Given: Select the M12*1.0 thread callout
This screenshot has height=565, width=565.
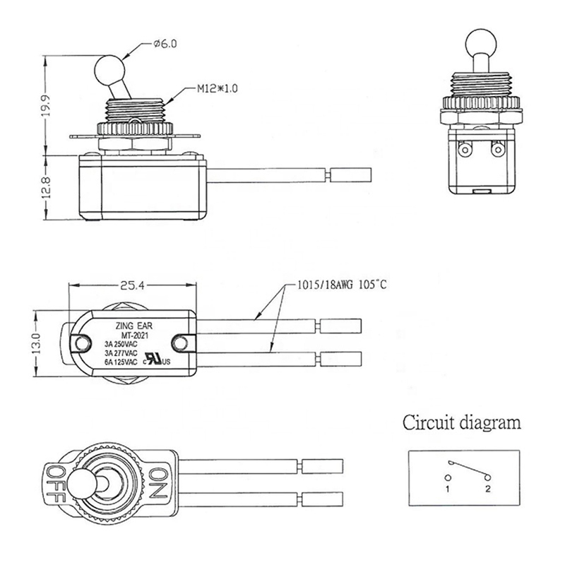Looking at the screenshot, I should pyautogui.click(x=218, y=90).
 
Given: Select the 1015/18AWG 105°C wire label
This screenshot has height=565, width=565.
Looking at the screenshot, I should pyautogui.click(x=337, y=285).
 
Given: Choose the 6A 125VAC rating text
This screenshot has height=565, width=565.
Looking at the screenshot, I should pyautogui.click(x=121, y=361).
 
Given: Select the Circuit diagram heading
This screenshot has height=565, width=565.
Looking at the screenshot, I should pyautogui.click(x=463, y=424).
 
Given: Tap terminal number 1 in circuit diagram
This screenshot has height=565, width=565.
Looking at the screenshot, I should pyautogui.click(x=446, y=488).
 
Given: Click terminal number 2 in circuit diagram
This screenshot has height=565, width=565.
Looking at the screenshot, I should pyautogui.click(x=487, y=488).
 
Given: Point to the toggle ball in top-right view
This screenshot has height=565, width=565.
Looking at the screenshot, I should pyautogui.click(x=477, y=44).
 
